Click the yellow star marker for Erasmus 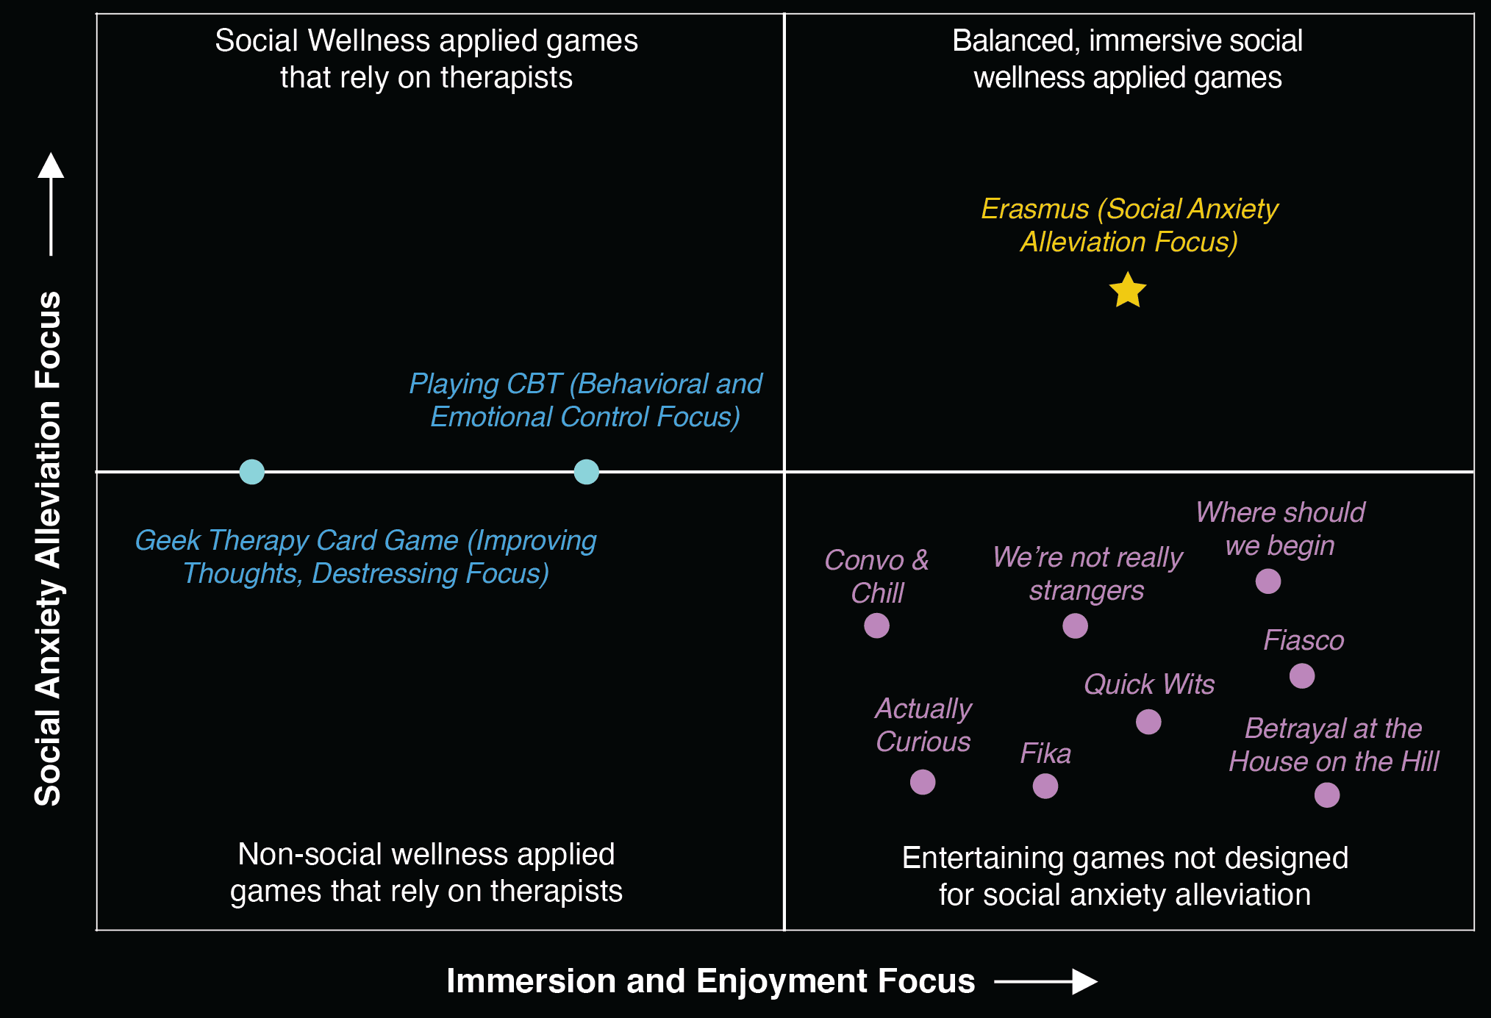tap(1127, 290)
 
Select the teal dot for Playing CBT tap(586, 471)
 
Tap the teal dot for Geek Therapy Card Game tap(251, 471)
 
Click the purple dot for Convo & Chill tap(876, 626)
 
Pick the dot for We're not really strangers tap(1075, 626)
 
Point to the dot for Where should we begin tap(1267, 581)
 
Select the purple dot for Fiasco tap(1301, 675)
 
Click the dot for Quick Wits tap(1148, 722)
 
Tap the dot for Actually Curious tap(922, 781)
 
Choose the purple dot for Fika tap(1045, 786)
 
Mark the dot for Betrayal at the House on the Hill tap(1326, 795)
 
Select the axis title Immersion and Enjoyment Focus tap(710, 981)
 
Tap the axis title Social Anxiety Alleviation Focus tap(49, 548)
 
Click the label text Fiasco tap(1304, 640)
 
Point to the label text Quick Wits tap(1148, 684)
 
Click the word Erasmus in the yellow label tap(1034, 209)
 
